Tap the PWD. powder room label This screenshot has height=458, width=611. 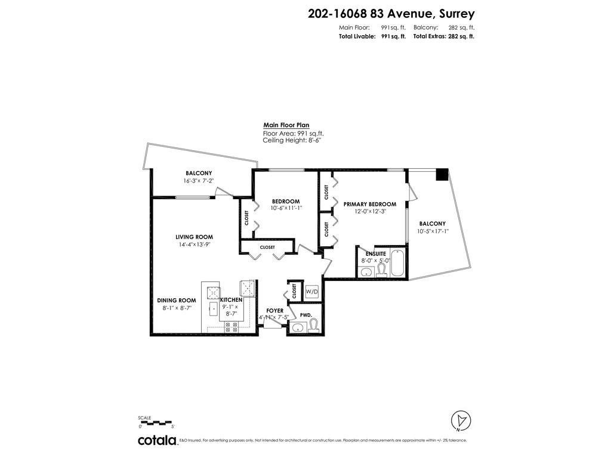(x=306, y=315)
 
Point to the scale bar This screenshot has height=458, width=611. (x=156, y=423)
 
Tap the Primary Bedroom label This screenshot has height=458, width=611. (x=370, y=205)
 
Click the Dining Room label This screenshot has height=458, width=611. (x=177, y=300)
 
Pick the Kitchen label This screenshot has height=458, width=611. (x=232, y=299)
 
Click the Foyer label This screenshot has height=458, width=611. (x=274, y=311)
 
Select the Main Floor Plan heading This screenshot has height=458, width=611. (x=286, y=125)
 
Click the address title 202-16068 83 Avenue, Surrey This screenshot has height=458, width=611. (x=391, y=14)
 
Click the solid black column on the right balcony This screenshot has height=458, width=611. (x=442, y=175)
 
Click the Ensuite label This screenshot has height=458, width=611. (x=376, y=253)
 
